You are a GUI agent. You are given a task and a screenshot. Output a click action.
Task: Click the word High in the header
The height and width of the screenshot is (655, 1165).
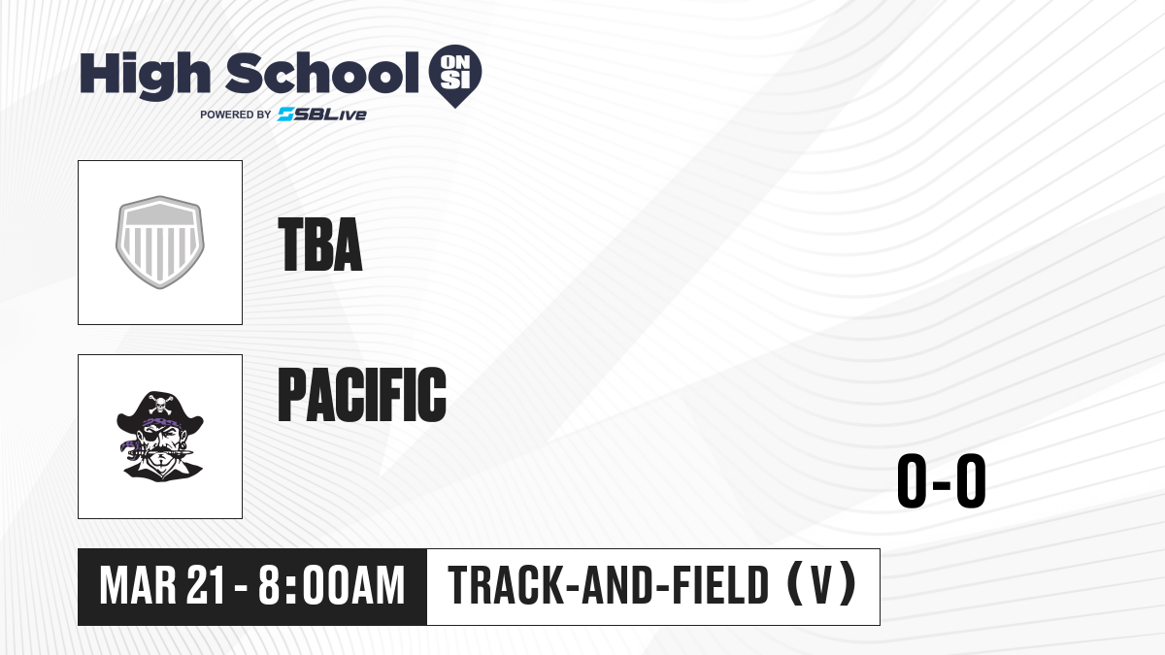pos(145,75)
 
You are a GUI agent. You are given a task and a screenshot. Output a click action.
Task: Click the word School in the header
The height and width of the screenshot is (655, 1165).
pos(322,73)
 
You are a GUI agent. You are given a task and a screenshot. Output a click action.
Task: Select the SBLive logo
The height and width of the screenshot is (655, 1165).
pos(322,115)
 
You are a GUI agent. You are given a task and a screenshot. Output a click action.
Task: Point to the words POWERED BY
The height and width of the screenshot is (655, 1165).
pos(236,115)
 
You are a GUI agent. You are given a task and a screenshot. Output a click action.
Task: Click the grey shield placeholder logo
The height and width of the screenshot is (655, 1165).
pos(160,243)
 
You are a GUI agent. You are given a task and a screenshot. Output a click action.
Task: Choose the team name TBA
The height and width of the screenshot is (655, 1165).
pos(319,245)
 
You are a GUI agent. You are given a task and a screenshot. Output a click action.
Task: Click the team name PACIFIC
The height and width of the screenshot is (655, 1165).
pos(362,394)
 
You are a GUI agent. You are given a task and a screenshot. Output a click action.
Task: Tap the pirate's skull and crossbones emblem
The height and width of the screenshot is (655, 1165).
pos(161,405)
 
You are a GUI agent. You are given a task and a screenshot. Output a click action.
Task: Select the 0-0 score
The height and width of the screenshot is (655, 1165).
pos(942,481)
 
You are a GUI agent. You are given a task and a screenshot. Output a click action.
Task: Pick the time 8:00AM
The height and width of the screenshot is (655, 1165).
pos(331,586)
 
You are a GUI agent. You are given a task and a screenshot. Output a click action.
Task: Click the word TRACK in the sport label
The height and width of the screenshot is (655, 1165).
pos(505,586)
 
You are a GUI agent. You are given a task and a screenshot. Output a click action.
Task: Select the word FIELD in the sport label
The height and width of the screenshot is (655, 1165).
pos(720,586)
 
